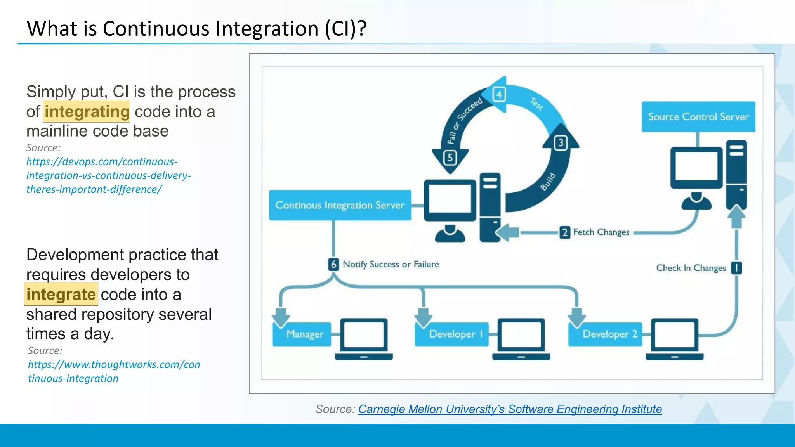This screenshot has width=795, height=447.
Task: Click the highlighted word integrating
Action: tap(87, 112)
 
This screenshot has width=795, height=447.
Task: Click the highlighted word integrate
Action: tap(61, 295)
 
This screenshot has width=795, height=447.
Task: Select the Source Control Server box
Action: tap(698, 117)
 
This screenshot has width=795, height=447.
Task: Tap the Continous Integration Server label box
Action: tap(340, 205)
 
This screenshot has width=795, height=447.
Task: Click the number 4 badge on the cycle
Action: tap(499, 94)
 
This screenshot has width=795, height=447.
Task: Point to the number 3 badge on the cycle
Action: tap(561, 143)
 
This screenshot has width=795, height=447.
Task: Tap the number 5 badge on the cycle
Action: tap(450, 158)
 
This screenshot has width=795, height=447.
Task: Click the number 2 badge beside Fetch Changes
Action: tap(565, 232)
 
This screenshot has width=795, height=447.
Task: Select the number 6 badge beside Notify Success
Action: tap(333, 265)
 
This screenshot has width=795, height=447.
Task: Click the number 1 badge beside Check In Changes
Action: tap(736, 268)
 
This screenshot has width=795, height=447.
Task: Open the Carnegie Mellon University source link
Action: tap(510, 409)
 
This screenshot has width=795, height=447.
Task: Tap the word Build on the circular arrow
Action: tap(548, 182)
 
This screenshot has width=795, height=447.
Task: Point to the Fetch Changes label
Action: tap(601, 232)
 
